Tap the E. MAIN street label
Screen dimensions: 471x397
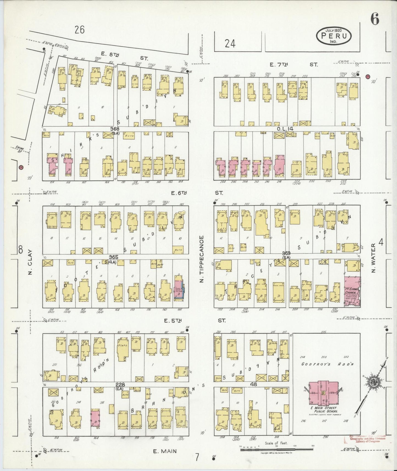pyautogui.click(x=165, y=451)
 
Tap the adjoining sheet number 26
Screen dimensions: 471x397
pyautogui.click(x=79, y=30)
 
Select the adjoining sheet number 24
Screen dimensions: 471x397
pyautogui.click(x=230, y=43)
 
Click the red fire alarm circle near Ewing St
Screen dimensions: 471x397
pyautogui.click(x=21, y=167)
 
